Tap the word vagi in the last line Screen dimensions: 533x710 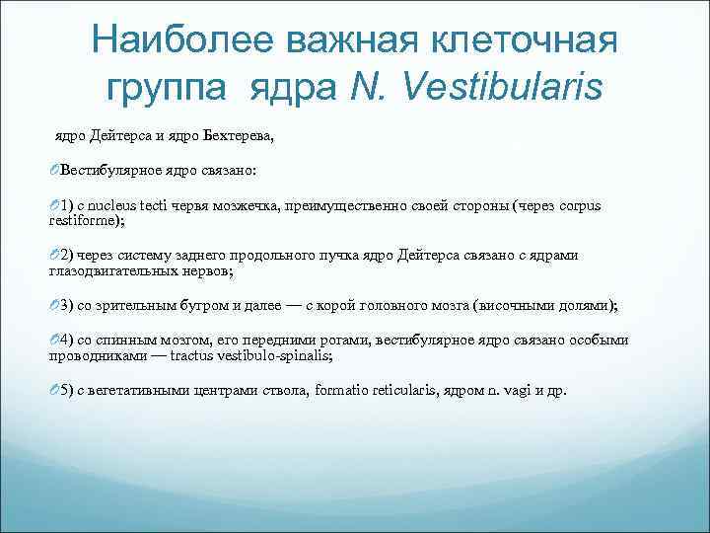tap(519, 390)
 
